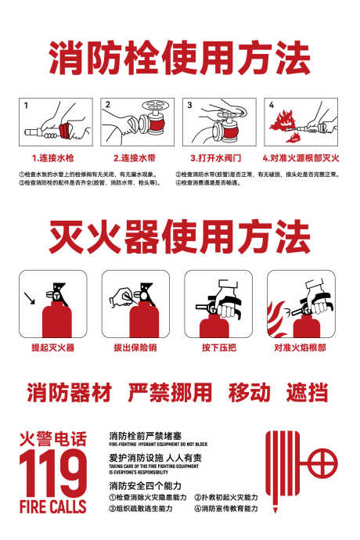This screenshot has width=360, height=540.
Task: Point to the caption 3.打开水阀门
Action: click(208, 158)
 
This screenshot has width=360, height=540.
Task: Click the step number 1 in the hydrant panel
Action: click(26, 105)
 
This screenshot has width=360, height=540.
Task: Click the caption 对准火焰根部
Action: click(300, 347)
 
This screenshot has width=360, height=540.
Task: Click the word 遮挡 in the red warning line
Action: click(307, 392)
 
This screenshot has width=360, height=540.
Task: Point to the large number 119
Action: click(52, 473)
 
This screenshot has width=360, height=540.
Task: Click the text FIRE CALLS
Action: click(52, 507)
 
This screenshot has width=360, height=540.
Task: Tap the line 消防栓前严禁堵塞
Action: click(145, 435)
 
